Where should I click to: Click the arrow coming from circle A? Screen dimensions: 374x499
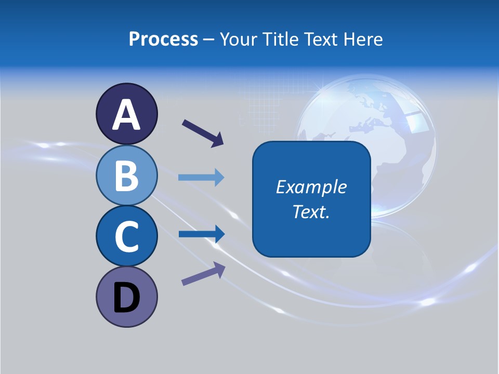point(203,132)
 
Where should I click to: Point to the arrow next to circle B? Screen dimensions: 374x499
point(201,178)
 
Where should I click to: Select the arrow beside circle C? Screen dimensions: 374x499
point(201,234)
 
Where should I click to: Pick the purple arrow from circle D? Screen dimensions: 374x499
point(203,274)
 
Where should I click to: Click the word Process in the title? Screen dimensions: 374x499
point(163,39)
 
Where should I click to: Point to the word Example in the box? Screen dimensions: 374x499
point(311,187)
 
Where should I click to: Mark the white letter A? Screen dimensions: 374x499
point(126,115)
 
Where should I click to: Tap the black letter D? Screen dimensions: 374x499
point(126,298)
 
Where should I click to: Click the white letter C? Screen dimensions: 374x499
point(126,237)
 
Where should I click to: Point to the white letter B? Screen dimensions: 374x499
point(126,176)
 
